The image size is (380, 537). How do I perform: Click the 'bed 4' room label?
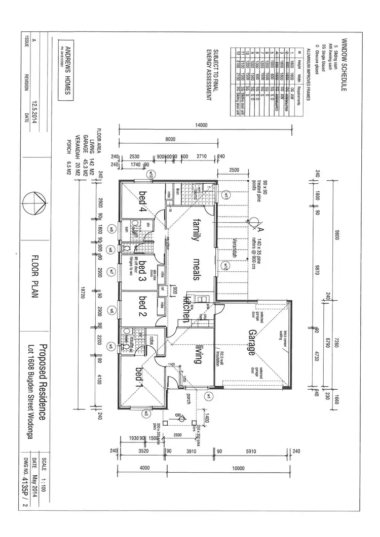(143, 204)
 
